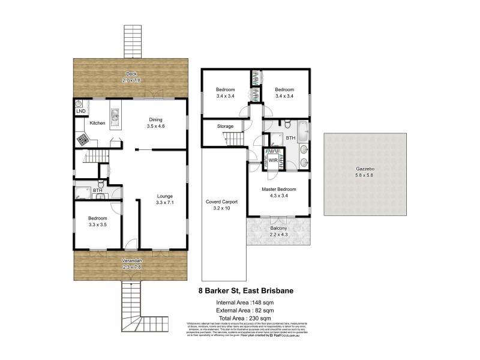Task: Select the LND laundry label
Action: click(x=80, y=112)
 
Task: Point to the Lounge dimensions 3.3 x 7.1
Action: click(x=166, y=203)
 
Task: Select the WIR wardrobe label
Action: click(x=273, y=161)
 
